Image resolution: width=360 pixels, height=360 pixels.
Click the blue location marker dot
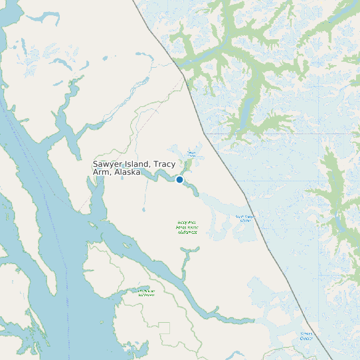(x=179, y=179)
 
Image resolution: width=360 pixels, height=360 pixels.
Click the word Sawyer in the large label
(x=109, y=164)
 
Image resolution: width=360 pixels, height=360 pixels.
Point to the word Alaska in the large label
(x=127, y=172)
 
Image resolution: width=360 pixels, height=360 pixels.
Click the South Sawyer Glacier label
(x=244, y=218)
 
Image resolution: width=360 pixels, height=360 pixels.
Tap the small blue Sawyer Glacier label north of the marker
(x=191, y=154)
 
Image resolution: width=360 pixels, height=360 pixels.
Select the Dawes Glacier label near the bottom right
(x=306, y=335)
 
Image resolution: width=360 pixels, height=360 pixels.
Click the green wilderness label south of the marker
(x=187, y=227)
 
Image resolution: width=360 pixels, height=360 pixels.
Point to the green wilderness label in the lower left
(x=146, y=293)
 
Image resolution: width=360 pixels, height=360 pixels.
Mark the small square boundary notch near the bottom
(x=164, y=327)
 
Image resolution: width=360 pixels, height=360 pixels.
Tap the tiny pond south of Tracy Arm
(x=143, y=210)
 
